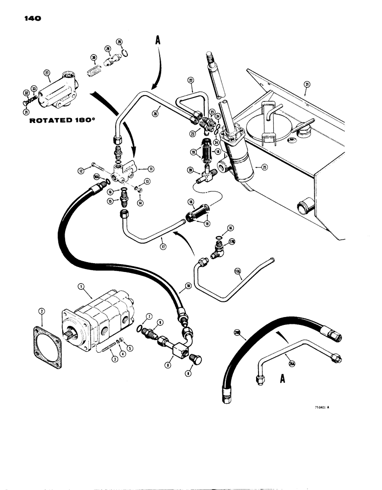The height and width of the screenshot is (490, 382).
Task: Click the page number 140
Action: (30, 19)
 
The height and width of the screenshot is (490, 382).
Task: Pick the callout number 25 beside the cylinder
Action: (265, 167)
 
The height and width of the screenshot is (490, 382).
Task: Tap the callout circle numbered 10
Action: (188, 284)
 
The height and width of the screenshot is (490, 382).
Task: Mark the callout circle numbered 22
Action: (190, 80)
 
